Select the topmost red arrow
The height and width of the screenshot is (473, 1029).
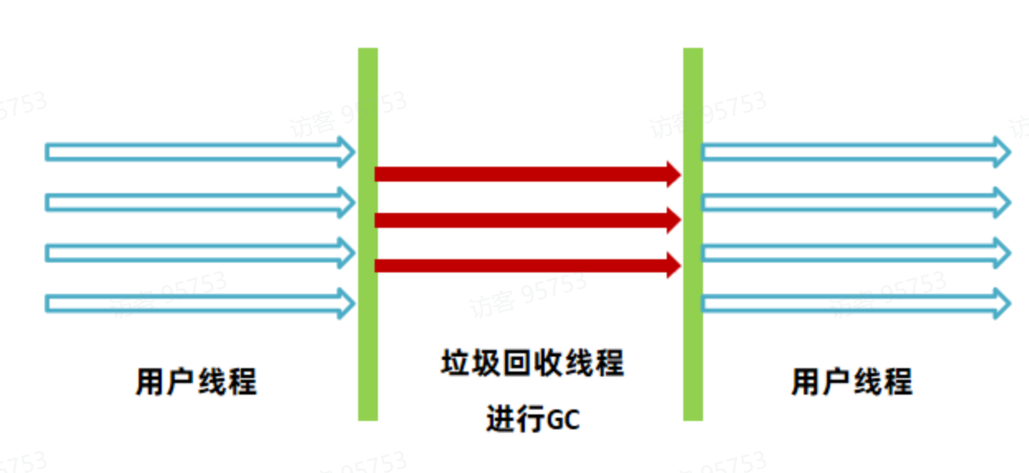[520, 174]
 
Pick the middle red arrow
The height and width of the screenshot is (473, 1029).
[520, 220]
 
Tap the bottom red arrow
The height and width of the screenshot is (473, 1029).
[520, 266]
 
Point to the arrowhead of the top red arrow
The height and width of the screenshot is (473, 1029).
[673, 174]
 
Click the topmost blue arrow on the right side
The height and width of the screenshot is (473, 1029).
[850, 152]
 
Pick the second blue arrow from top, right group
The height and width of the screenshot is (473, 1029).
[850, 201]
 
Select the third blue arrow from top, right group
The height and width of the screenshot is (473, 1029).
[850, 253]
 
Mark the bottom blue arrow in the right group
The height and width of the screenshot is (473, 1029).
[850, 304]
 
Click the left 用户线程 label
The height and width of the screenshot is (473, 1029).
[196, 382]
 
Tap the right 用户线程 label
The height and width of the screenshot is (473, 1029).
[852, 382]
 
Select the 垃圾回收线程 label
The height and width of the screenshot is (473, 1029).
[532, 364]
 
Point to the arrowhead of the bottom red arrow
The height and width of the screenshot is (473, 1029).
[673, 266]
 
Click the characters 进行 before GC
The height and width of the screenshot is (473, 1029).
[515, 420]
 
